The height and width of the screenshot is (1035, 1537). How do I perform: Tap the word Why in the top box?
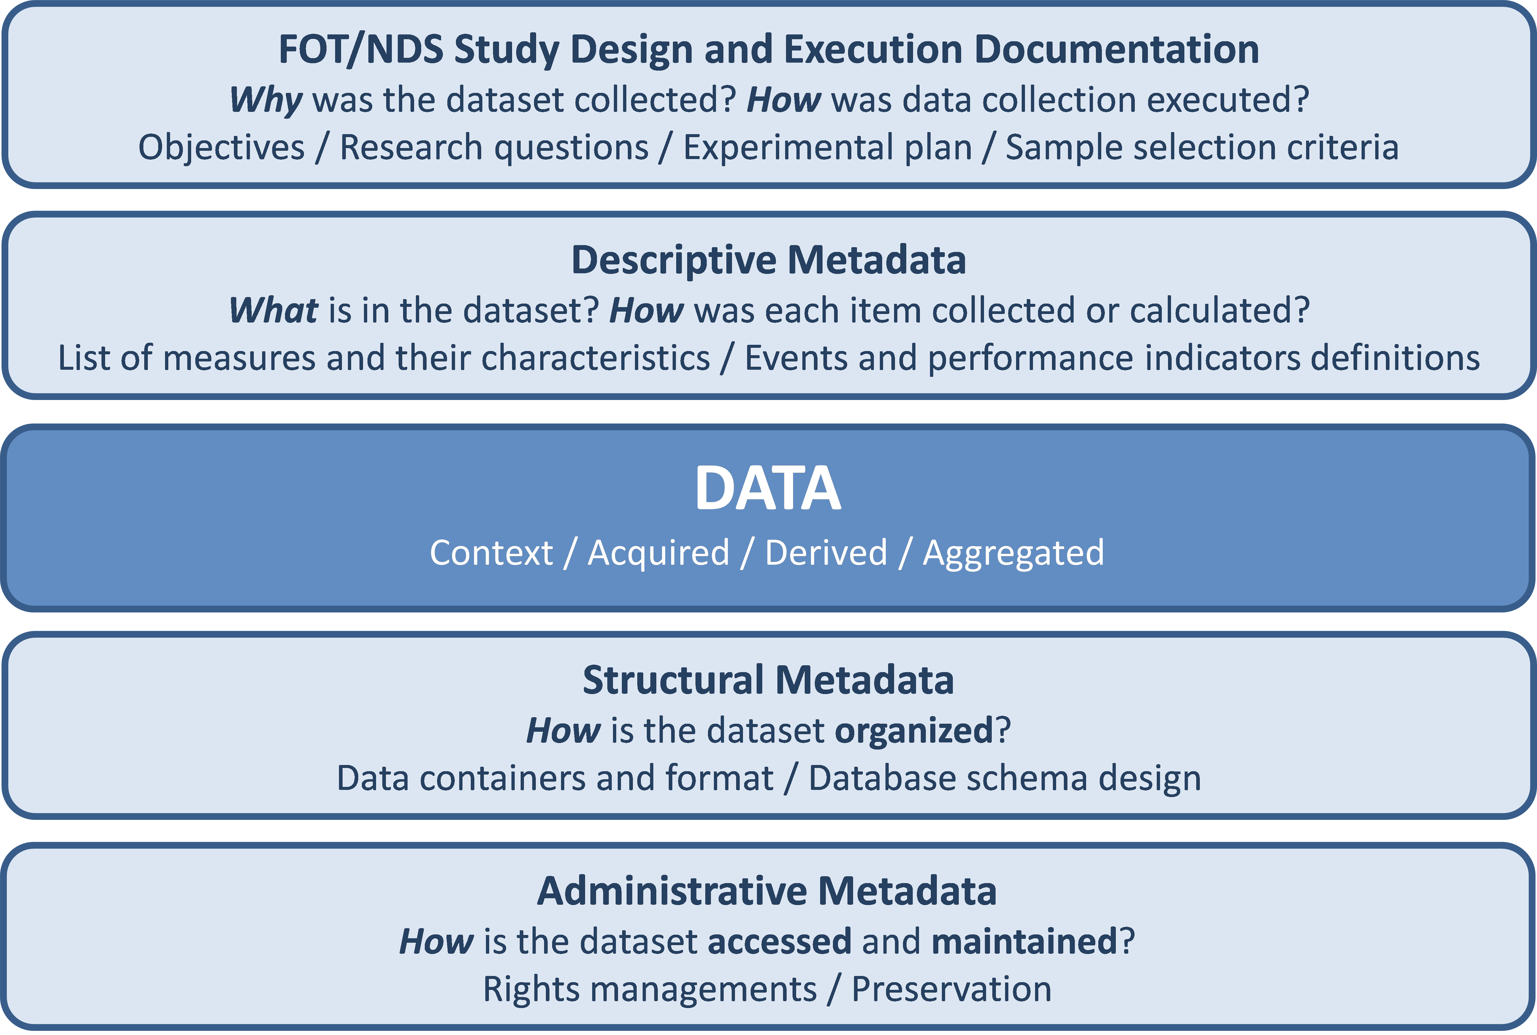[x=265, y=100]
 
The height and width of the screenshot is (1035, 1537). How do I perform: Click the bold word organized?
[x=914, y=731]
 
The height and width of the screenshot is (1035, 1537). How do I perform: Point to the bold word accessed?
[x=779, y=941]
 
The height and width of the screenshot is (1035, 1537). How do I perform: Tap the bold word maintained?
[x=1023, y=941]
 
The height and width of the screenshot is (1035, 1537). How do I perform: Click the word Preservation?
[x=951, y=989]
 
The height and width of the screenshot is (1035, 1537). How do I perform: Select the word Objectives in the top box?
[x=221, y=147]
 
